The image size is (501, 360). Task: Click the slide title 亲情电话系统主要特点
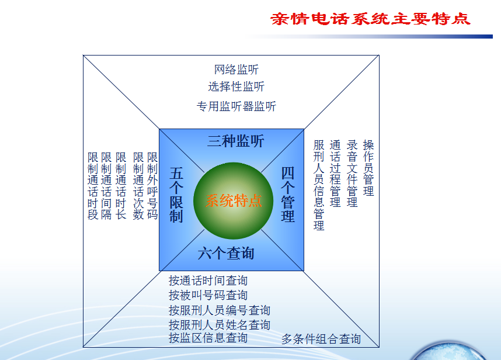370,19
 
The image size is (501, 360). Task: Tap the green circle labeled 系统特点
233,201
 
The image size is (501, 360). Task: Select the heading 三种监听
235,141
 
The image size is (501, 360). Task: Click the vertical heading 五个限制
176,195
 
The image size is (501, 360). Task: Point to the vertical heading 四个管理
287,195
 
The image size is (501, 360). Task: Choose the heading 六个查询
226,253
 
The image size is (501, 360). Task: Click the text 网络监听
236,70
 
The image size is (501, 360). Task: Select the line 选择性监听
236,86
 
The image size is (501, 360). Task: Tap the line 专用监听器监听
236,106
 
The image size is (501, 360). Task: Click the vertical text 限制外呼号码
152,186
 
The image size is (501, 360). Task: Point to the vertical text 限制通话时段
93,186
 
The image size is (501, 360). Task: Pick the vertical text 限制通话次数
138,186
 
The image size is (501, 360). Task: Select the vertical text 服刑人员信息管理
319,185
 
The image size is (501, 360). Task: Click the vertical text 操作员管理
368,168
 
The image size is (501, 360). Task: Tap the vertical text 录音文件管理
352,174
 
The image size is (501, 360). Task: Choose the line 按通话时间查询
208,281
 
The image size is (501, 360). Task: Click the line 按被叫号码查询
208,295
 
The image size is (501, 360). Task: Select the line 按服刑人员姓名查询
220,325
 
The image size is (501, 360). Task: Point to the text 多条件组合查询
321,339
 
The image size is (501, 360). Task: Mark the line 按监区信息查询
208,338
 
